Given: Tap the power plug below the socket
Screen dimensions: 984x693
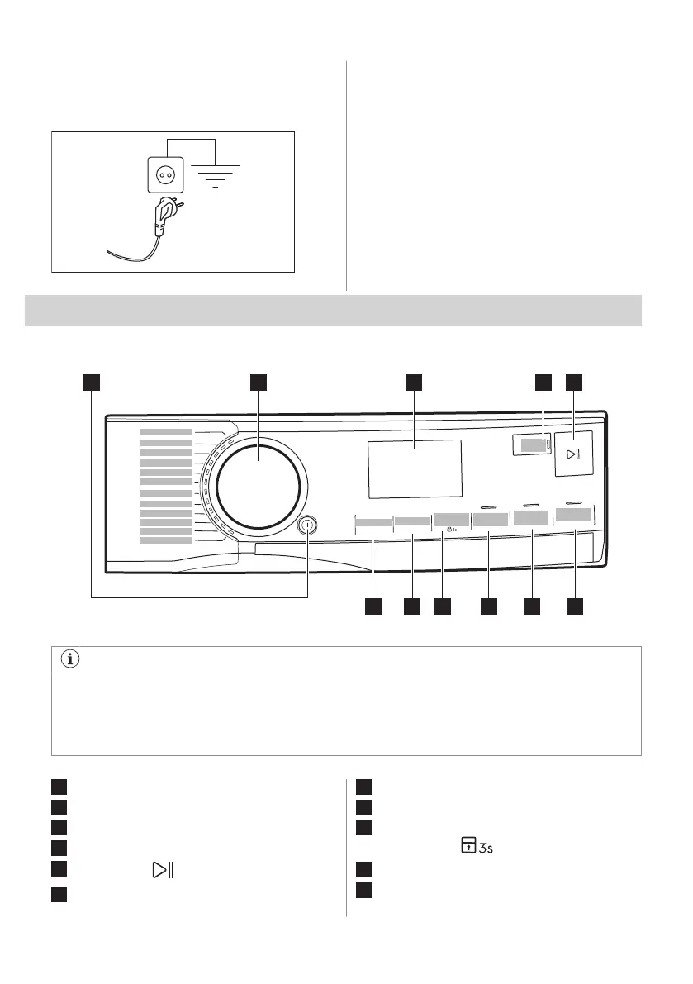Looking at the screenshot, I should pos(160,216).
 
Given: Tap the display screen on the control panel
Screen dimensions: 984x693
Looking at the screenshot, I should pos(415,468).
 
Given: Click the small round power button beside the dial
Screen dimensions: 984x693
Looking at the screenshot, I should pos(307,524).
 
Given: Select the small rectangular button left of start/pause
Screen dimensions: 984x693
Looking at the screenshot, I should pos(534,445).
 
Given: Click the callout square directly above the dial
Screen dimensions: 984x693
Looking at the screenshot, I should pos(259,382).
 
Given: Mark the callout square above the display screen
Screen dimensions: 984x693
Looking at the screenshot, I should pos(414,382).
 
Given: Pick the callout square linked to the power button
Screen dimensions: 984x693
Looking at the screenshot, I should pos(91,382).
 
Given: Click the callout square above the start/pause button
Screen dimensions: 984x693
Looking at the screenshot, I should pos(574,382).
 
